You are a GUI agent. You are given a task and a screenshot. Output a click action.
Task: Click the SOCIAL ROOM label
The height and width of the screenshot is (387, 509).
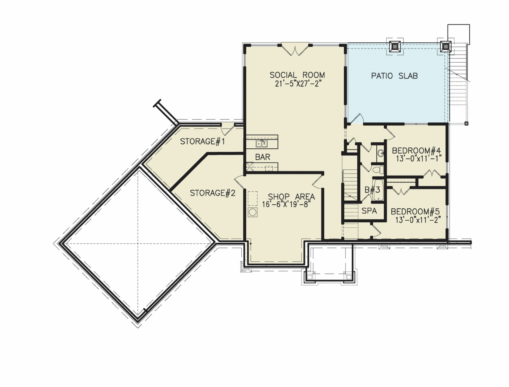(x=297, y=75)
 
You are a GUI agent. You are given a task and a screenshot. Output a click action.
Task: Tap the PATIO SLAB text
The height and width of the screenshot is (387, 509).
(x=394, y=76)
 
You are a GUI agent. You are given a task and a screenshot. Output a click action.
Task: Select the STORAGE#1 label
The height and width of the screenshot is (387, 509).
(x=202, y=141)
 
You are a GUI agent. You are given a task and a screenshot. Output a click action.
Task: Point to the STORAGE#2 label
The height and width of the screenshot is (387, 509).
(x=213, y=193)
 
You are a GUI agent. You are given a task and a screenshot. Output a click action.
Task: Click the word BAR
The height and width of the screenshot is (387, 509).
(x=263, y=157)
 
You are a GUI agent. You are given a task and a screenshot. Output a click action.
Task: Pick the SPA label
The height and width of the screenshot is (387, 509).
(x=369, y=211)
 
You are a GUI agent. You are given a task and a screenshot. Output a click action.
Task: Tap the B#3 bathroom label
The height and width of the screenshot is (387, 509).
(x=372, y=190)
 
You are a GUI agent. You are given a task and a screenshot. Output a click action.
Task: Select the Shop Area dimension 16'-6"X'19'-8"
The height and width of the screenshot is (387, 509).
(x=287, y=204)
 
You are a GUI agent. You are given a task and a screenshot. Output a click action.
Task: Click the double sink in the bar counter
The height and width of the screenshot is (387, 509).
(x=262, y=144)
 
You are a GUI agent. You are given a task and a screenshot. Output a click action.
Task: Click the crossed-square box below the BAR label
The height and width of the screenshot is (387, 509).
(x=250, y=166)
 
